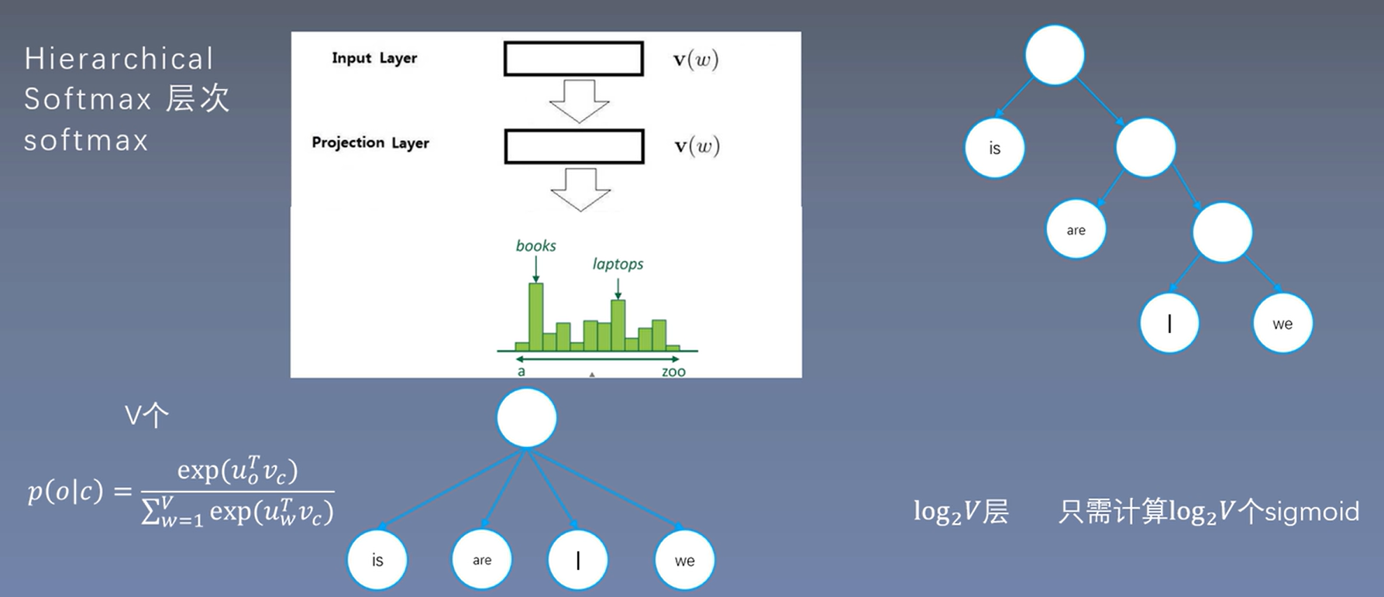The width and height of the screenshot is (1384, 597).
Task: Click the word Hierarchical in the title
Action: pyautogui.click(x=119, y=60)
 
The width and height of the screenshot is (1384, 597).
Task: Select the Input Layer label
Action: pyautogui.click(x=374, y=58)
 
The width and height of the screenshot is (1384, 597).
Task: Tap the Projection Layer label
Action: pyautogui.click(x=370, y=142)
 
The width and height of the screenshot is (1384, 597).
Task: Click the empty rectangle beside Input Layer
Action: pyautogui.click(x=573, y=59)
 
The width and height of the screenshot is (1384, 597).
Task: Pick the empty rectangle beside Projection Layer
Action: pyautogui.click(x=574, y=146)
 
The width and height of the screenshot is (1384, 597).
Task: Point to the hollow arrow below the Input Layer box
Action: pyautogui.click(x=579, y=101)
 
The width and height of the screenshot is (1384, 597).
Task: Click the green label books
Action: pyautogui.click(x=535, y=245)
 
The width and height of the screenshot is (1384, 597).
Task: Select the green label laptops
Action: pyautogui.click(x=618, y=264)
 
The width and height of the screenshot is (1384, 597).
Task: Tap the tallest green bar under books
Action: pyautogui.click(x=535, y=317)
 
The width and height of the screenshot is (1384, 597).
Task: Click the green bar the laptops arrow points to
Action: pyautogui.click(x=618, y=325)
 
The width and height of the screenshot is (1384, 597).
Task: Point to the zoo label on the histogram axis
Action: pyautogui.click(x=673, y=372)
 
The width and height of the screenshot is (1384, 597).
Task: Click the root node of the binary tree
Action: pyautogui.click(x=1054, y=55)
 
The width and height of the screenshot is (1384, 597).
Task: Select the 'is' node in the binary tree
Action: pyautogui.click(x=994, y=149)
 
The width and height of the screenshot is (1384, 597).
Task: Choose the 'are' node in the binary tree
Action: pyautogui.click(x=1076, y=230)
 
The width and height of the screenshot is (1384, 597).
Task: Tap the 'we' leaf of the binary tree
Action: pyautogui.click(x=1282, y=324)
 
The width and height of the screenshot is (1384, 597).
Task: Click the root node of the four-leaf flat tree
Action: pyautogui.click(x=526, y=418)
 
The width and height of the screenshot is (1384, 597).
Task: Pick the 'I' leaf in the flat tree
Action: pyautogui.click(x=577, y=560)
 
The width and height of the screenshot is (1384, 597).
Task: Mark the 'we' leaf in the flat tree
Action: pyautogui.click(x=684, y=560)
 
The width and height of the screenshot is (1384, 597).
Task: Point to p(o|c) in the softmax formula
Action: pyautogui.click(x=65, y=492)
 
